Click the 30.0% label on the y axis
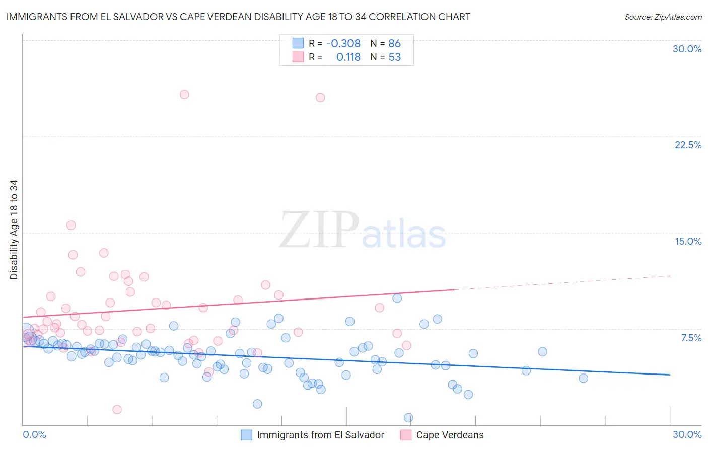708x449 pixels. click(687, 49)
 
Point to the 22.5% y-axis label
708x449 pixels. click(688, 145)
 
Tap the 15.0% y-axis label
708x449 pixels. click(688, 241)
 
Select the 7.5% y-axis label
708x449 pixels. click(691, 338)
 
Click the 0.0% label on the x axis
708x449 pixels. click(34, 434)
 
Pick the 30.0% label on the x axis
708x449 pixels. click(687, 434)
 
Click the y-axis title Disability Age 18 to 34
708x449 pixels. click(14, 230)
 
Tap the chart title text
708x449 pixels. click(238, 17)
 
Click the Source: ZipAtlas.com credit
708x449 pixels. click(663, 17)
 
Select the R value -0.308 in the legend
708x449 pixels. click(343, 44)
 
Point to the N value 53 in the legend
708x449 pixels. click(395, 57)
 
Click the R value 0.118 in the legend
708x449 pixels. click(348, 57)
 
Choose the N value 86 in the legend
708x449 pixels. click(395, 44)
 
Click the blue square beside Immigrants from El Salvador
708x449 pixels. click(246, 435)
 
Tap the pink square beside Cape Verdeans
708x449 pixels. click(405, 435)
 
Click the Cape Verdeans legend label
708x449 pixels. click(450, 435)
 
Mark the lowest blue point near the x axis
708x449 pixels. click(408, 418)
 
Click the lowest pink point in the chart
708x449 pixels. click(117, 410)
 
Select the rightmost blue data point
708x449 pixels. click(583, 378)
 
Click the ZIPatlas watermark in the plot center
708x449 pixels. click(363, 231)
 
